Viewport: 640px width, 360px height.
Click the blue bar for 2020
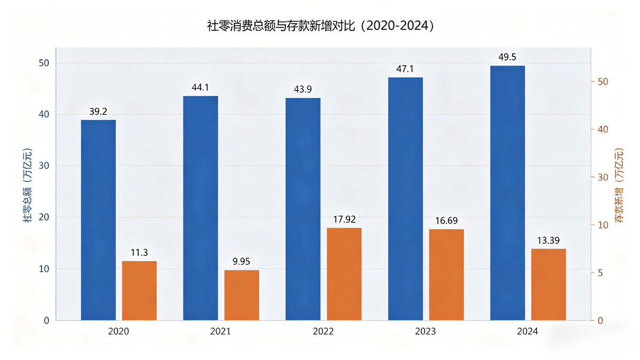(x=98, y=220)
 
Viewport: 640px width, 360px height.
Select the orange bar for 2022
(x=344, y=274)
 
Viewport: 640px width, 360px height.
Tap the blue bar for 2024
(x=507, y=193)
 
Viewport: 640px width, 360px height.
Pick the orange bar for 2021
(x=242, y=295)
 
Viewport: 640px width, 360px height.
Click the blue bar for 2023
(x=405, y=199)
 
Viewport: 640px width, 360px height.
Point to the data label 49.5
(x=507, y=58)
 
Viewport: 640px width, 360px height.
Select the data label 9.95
(x=242, y=261)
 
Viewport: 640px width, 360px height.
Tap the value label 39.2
(x=98, y=112)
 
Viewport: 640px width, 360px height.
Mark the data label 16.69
(x=446, y=220)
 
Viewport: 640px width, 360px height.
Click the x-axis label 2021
(x=220, y=332)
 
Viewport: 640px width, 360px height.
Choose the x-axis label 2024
(x=527, y=332)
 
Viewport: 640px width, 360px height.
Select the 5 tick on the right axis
(x=601, y=273)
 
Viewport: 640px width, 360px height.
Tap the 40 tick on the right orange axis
(x=603, y=130)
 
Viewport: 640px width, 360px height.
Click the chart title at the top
(x=320, y=26)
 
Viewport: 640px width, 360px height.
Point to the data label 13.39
(x=549, y=240)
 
